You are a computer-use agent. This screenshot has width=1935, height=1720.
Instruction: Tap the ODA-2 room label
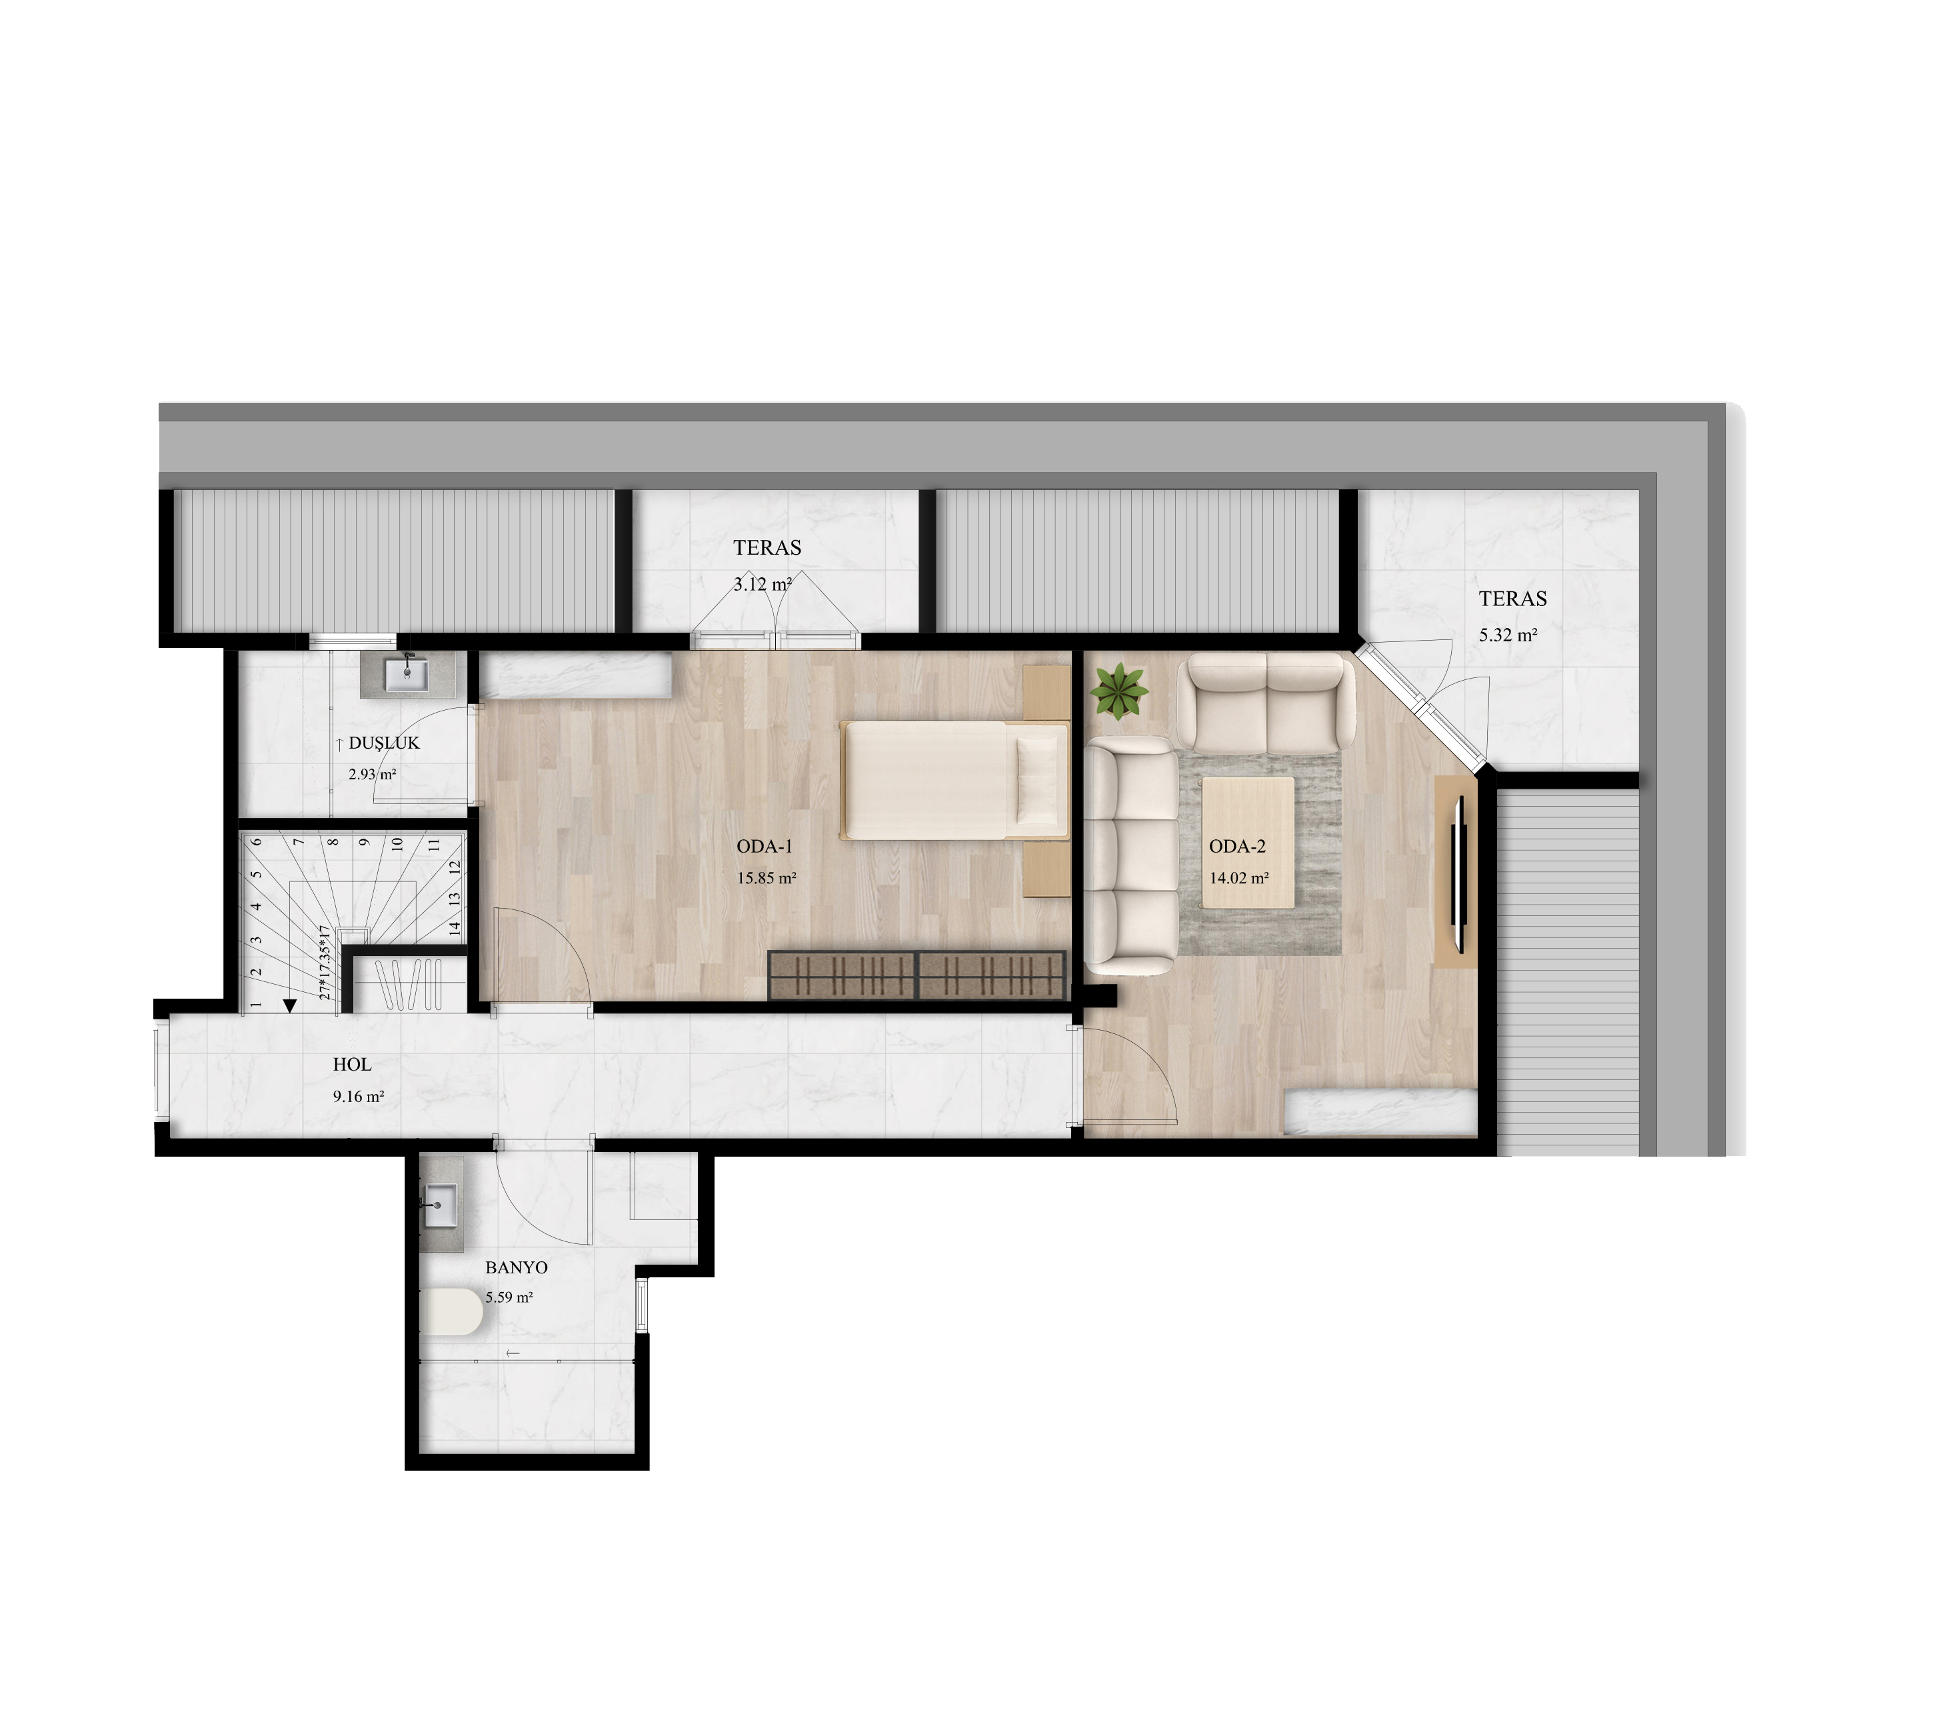1237,847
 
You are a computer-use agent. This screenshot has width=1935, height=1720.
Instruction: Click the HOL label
352,1065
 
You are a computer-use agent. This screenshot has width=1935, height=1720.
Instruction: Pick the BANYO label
516,1267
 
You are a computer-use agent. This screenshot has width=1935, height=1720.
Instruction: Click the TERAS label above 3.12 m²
767,547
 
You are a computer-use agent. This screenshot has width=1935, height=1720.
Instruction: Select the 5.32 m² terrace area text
1508,635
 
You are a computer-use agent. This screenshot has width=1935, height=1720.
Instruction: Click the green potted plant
1119,691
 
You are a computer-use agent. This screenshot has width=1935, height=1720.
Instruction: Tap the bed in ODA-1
955,780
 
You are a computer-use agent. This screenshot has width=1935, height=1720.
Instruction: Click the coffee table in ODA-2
1248,843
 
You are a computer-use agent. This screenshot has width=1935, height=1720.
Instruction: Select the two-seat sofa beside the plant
1266,703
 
